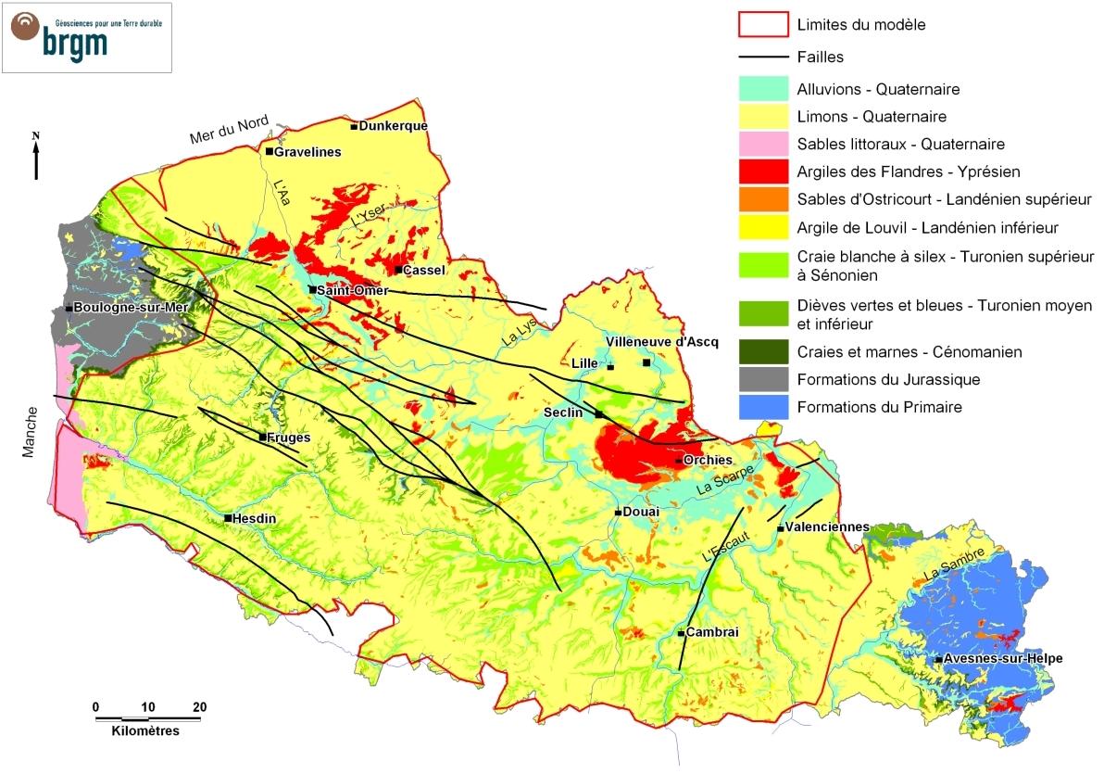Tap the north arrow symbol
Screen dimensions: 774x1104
pyautogui.click(x=36, y=156)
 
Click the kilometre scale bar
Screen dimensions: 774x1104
pyautogui.click(x=147, y=718)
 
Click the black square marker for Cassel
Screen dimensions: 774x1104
pyautogui.click(x=398, y=270)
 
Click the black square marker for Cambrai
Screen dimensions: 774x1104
pyautogui.click(x=682, y=634)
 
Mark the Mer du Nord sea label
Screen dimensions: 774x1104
pyautogui.click(x=229, y=130)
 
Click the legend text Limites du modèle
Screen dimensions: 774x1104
pyautogui.click(x=860, y=25)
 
